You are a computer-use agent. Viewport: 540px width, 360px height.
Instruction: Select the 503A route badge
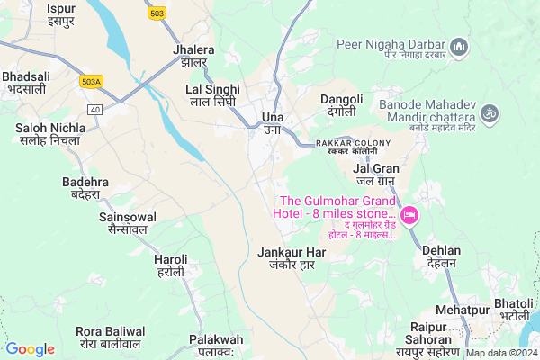[x=92, y=81]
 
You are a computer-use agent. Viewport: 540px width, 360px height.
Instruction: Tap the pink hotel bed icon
[x=409, y=214]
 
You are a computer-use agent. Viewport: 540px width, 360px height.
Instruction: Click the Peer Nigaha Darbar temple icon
[x=458, y=45]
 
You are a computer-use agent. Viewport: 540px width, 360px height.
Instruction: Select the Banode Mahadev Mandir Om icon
[x=490, y=113]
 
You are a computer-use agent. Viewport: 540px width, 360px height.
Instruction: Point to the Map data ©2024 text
[x=500, y=353]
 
